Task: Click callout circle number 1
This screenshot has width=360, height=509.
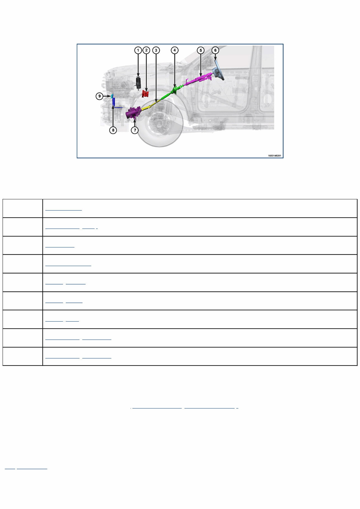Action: (x=138, y=50)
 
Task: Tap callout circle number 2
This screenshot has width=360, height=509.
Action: (x=146, y=50)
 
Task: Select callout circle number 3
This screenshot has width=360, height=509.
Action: (x=156, y=50)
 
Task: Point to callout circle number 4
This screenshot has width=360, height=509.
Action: (x=175, y=50)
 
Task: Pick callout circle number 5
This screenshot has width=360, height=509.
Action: (x=201, y=50)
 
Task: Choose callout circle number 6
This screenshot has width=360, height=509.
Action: (x=215, y=50)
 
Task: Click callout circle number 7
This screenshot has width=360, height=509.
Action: (x=135, y=130)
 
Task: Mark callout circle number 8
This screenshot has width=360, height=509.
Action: (x=113, y=130)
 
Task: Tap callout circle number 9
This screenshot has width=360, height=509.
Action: (x=99, y=96)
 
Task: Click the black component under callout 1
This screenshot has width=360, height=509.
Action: (x=138, y=82)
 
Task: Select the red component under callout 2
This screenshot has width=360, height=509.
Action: (x=145, y=94)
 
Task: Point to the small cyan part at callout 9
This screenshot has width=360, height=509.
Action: (x=112, y=96)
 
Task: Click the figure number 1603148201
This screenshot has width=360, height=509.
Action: (x=274, y=156)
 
